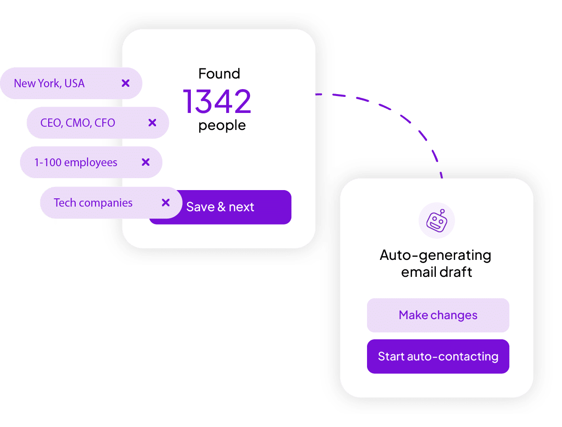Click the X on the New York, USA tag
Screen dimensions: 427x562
[125, 84]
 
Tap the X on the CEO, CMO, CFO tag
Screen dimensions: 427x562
[152, 123]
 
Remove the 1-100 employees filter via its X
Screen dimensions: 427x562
[145, 162]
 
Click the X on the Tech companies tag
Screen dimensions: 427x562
[166, 202]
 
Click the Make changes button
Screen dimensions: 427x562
[438, 315]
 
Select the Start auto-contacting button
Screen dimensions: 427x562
[438, 356]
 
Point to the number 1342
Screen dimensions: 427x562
[217, 101]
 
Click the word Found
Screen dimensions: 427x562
[219, 73]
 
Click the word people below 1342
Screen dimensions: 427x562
[222, 125]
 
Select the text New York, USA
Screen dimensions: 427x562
[49, 84]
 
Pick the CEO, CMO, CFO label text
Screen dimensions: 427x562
[78, 123]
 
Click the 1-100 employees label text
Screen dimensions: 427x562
[76, 163]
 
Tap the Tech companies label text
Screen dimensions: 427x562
[93, 203]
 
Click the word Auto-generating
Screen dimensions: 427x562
[435, 255]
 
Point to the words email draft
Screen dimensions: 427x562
[436, 272]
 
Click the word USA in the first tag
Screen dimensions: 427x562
[74, 84]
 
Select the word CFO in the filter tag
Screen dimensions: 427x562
[105, 123]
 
